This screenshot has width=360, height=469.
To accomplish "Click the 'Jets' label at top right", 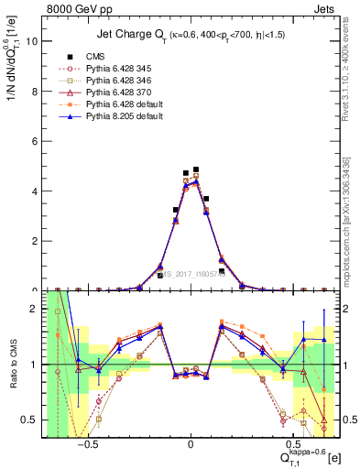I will pyautogui.click(x=326, y=8).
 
